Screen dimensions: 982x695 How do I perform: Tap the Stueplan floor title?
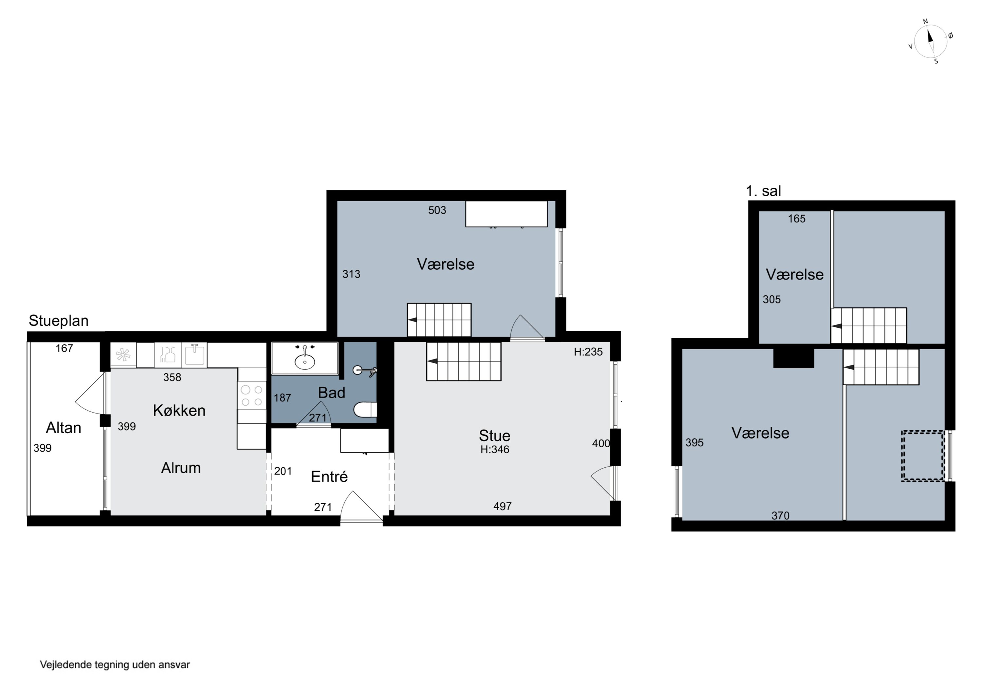click(59, 321)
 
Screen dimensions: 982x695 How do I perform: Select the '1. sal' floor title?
click(763, 191)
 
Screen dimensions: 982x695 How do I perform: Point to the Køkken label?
click(179, 411)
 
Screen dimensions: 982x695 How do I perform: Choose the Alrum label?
click(181, 468)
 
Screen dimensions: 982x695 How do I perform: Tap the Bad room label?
click(332, 393)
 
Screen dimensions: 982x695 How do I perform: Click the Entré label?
click(329, 477)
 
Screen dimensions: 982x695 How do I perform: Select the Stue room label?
click(494, 435)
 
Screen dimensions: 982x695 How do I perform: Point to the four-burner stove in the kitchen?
click(252, 396)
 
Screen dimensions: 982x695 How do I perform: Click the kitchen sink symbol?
click(195, 355)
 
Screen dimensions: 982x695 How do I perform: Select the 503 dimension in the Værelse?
click(437, 210)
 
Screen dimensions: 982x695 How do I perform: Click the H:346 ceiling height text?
click(495, 449)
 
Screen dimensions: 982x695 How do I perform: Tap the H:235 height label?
click(588, 352)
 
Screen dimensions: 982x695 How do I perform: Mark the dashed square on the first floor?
click(923, 456)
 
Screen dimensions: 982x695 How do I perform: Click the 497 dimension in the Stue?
click(502, 507)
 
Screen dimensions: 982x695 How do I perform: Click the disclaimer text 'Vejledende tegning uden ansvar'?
click(115, 665)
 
